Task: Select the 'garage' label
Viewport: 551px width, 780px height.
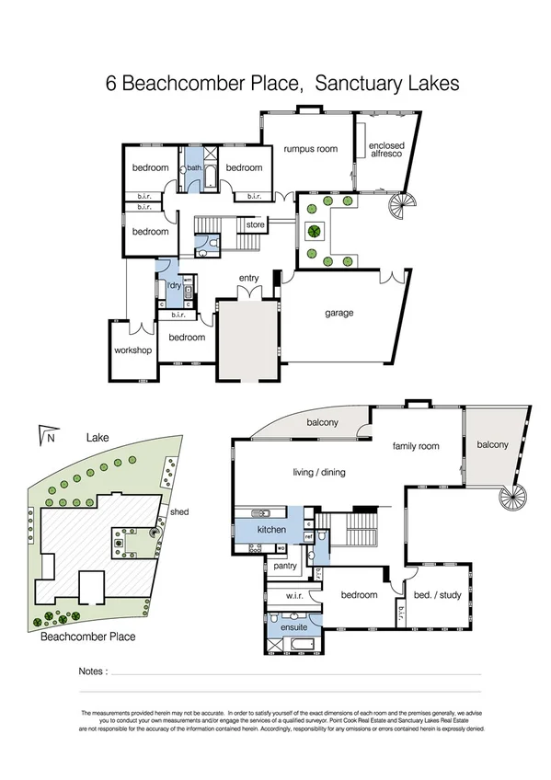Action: (x=339, y=313)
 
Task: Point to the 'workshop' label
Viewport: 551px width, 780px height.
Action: (x=132, y=350)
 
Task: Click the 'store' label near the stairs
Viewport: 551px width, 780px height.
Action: (x=255, y=224)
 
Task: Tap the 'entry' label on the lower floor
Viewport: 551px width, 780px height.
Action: (x=248, y=278)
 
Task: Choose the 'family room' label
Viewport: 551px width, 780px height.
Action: (x=416, y=446)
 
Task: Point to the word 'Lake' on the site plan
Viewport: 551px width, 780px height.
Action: (x=98, y=440)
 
